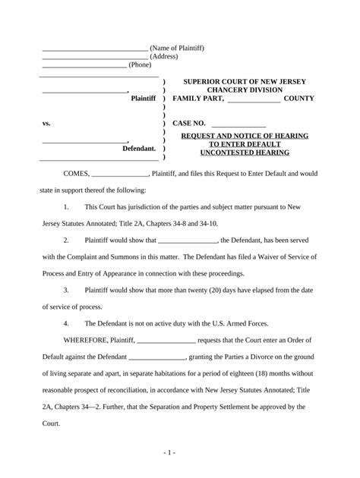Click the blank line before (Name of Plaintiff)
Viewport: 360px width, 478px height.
tap(94, 49)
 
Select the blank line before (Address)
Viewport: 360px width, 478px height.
tap(94, 58)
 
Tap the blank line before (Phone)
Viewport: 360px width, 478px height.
tap(84, 66)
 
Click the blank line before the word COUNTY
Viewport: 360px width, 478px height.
tap(254, 100)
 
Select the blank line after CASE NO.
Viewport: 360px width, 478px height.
tap(238, 124)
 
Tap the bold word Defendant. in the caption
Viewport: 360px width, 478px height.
tap(139, 149)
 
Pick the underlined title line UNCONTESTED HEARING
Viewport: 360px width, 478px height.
tap(244, 153)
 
